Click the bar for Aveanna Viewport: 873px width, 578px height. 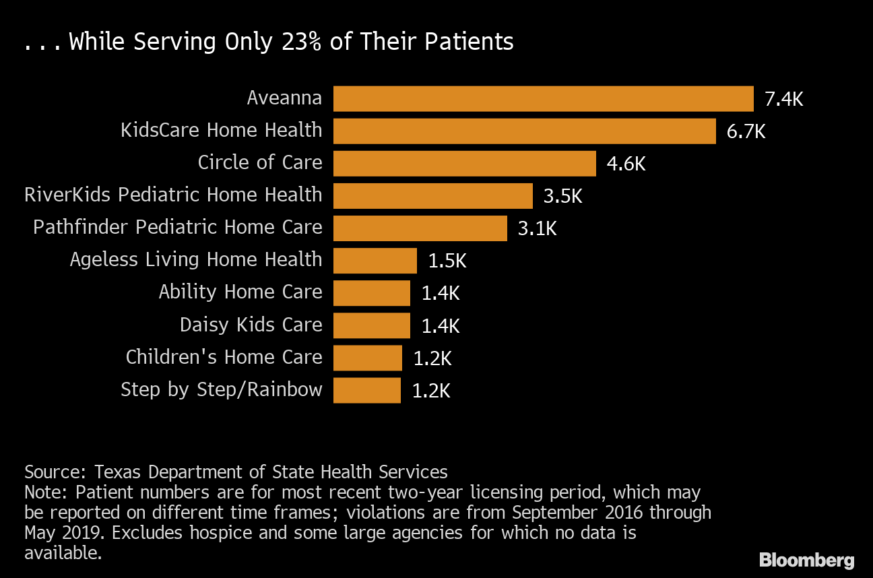(x=543, y=98)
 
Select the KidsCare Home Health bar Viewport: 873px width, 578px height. (x=524, y=131)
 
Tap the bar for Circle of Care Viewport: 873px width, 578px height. (x=464, y=163)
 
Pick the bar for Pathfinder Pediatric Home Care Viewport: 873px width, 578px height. (x=420, y=228)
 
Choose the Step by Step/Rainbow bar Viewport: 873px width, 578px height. (x=366, y=390)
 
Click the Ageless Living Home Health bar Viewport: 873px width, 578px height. (x=375, y=261)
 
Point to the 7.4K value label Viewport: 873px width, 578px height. (x=783, y=100)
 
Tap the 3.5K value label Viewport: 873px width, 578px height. (x=562, y=197)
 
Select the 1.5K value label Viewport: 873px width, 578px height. (x=447, y=261)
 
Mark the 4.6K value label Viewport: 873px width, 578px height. (x=626, y=164)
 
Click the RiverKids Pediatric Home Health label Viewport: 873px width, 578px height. (x=173, y=195)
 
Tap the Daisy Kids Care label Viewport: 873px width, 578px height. (x=251, y=325)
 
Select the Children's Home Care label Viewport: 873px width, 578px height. (x=224, y=357)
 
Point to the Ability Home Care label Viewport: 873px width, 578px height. (x=240, y=292)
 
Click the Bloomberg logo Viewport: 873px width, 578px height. (x=806, y=560)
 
